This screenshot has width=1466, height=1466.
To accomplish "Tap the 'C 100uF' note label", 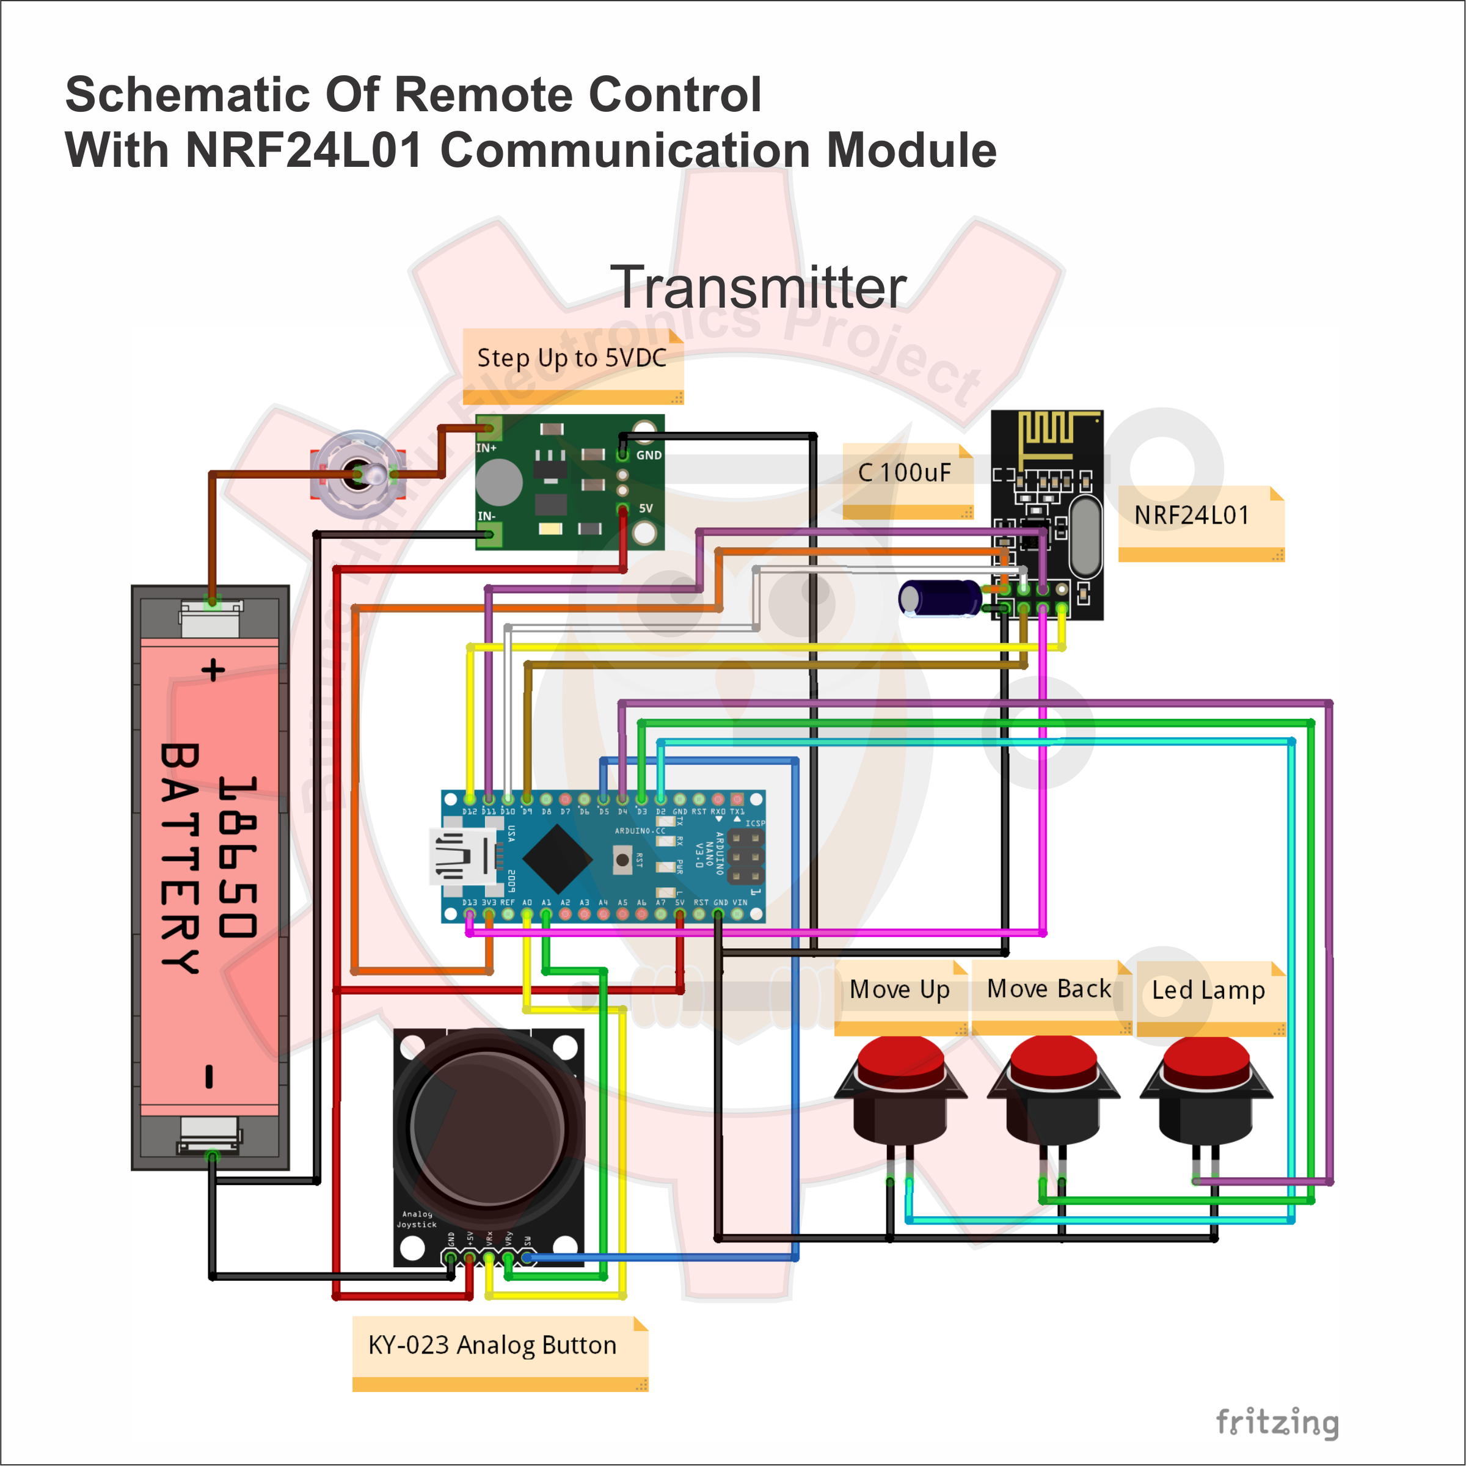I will coord(904,473).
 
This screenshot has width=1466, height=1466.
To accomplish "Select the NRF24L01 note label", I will coord(1191,515).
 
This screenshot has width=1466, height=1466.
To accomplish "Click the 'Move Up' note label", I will coord(899,990).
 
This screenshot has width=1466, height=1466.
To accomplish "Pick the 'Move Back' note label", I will coord(1049,989).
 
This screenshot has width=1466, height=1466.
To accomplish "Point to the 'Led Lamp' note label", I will coord(1208,990).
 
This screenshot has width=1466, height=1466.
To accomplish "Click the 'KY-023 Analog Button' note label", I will coord(492,1345).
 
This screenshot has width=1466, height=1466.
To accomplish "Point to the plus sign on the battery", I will coord(213,670).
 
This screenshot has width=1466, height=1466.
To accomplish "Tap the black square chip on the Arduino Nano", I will coord(558,859).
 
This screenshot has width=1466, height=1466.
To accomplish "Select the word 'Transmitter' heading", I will coord(758,288).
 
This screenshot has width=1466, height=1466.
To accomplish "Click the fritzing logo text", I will coord(1277,1423).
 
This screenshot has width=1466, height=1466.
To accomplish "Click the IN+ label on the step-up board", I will coord(486,448).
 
